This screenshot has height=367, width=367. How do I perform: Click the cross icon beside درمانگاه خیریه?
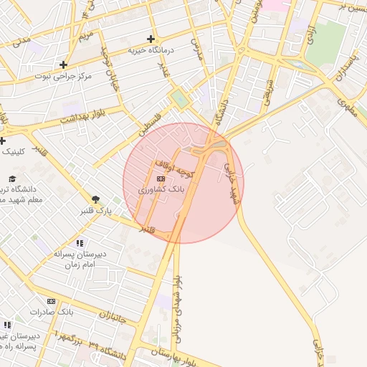click(151, 39)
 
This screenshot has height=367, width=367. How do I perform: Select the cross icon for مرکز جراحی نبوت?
click(64, 64)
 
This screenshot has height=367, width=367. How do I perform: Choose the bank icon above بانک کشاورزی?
click(161, 178)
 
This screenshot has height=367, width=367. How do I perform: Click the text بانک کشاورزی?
click(161, 189)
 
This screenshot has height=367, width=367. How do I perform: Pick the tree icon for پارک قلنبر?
click(95, 199)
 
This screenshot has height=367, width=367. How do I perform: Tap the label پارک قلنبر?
click(95, 211)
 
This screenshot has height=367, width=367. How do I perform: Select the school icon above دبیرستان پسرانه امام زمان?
click(79, 243)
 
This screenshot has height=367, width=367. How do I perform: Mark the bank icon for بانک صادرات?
click(51, 301)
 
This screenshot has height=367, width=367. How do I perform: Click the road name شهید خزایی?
click(231, 184)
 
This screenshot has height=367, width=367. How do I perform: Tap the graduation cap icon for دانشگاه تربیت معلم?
click(11, 178)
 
